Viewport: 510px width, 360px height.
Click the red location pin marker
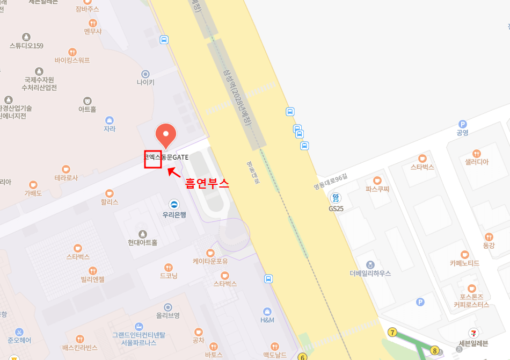(166, 135)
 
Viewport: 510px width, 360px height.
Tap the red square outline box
(153, 160)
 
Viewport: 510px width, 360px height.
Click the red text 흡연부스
(207, 183)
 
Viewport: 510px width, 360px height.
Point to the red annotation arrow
(174, 172)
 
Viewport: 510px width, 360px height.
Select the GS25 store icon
(336, 198)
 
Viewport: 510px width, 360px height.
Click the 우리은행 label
(174, 214)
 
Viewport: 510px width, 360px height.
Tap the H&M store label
(267, 320)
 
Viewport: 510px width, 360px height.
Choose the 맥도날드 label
(275, 355)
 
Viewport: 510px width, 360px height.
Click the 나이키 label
(145, 83)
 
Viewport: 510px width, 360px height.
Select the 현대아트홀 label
(143, 242)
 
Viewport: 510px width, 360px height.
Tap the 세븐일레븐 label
(473, 344)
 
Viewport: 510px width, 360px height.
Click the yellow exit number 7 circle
(392, 333)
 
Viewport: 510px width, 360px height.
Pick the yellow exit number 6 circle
(302, 357)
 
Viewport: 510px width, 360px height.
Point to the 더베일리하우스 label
(370, 273)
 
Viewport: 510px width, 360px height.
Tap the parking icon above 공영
(462, 124)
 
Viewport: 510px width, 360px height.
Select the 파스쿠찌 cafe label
(377, 189)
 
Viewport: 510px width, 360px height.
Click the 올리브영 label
(167, 315)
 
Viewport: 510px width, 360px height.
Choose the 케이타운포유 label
(210, 262)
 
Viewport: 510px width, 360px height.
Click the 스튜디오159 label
(26, 46)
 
